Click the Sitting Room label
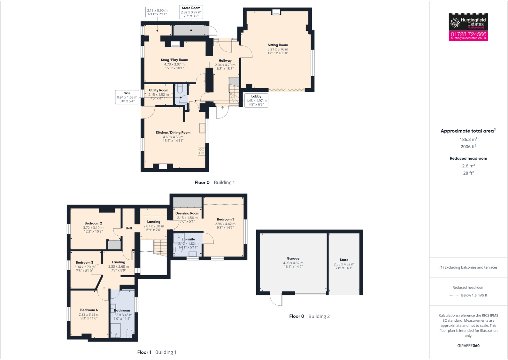[x=278, y=45]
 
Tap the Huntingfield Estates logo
[x=468, y=22]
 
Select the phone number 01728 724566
[x=468, y=34]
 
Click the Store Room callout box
[x=191, y=12]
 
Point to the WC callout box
[x=127, y=97]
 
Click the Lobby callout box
[x=256, y=100]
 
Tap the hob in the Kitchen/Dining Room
[x=201, y=151]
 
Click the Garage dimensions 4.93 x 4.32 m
[x=293, y=263]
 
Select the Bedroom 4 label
[x=89, y=310]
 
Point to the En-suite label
[x=188, y=239]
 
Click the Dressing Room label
[x=187, y=213]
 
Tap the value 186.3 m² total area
[x=468, y=139]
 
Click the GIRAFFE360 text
[x=468, y=346]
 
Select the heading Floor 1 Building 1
[x=157, y=352]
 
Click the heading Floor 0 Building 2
[x=309, y=316]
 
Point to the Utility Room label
[x=158, y=90]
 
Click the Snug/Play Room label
[x=174, y=60]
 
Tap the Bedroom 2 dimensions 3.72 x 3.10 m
[x=93, y=228]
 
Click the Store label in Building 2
[x=344, y=260]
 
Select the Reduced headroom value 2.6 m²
[x=468, y=166]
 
